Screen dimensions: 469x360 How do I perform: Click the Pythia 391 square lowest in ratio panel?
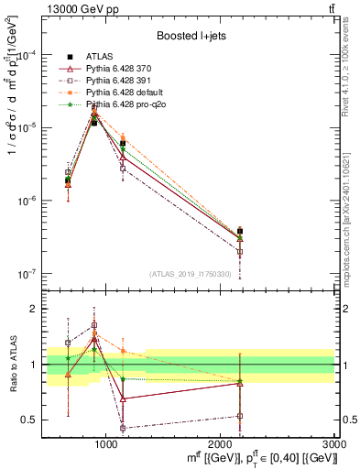123,428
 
